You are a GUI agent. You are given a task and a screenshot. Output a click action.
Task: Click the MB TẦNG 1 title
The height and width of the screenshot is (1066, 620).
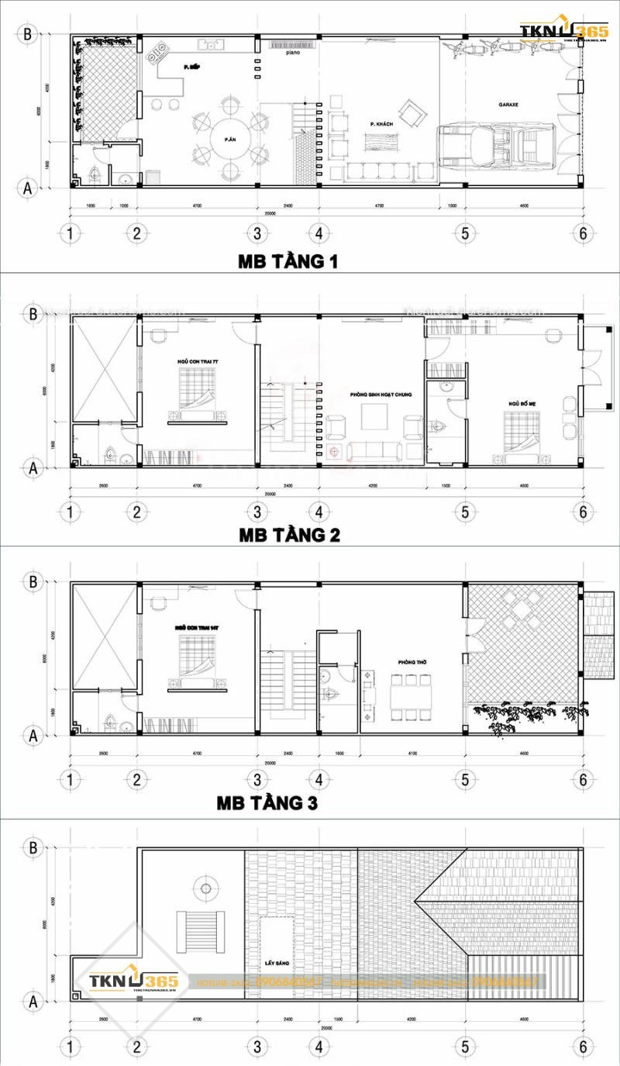pyautogui.click(x=288, y=262)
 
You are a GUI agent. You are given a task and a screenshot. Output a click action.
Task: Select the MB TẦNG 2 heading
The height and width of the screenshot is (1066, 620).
pyautogui.click(x=288, y=535)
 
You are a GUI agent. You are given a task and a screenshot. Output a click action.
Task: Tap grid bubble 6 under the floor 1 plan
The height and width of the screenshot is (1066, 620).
pyautogui.click(x=583, y=232)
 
